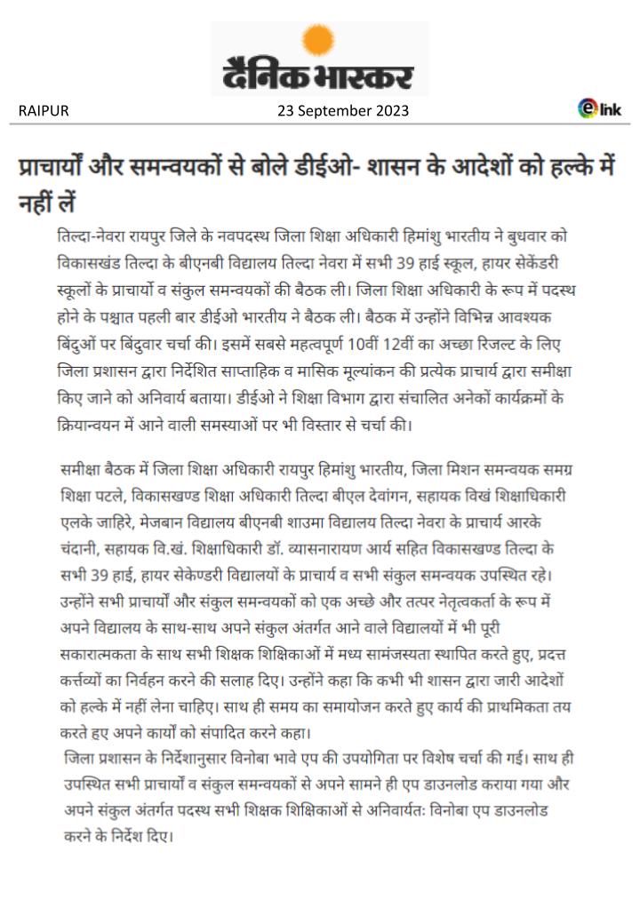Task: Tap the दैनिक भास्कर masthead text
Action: coord(319,76)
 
